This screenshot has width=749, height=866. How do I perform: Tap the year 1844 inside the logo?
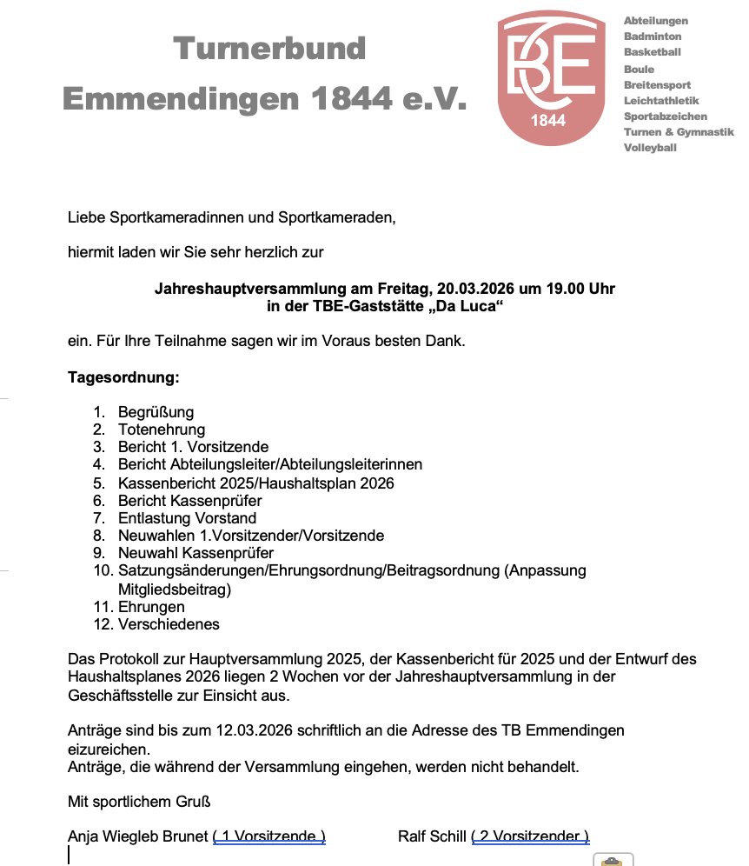click(547, 121)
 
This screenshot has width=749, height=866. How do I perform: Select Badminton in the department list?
click(652, 37)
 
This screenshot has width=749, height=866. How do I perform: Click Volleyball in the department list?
click(649, 148)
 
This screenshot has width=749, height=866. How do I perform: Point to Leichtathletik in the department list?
click(660, 101)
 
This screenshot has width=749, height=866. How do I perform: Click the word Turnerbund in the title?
click(269, 48)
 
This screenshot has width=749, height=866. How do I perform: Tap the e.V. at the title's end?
click(434, 98)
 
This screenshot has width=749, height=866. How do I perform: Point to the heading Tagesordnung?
click(123, 378)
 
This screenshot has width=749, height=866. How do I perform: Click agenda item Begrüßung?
click(156, 412)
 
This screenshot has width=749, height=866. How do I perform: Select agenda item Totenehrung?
click(162, 430)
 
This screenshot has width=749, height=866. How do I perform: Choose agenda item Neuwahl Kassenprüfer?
click(196, 553)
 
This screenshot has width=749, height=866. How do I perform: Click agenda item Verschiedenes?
click(169, 624)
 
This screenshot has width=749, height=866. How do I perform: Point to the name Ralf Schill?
click(432, 837)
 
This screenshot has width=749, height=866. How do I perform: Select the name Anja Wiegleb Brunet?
click(137, 837)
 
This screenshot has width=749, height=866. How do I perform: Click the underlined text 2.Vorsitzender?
click(530, 837)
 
